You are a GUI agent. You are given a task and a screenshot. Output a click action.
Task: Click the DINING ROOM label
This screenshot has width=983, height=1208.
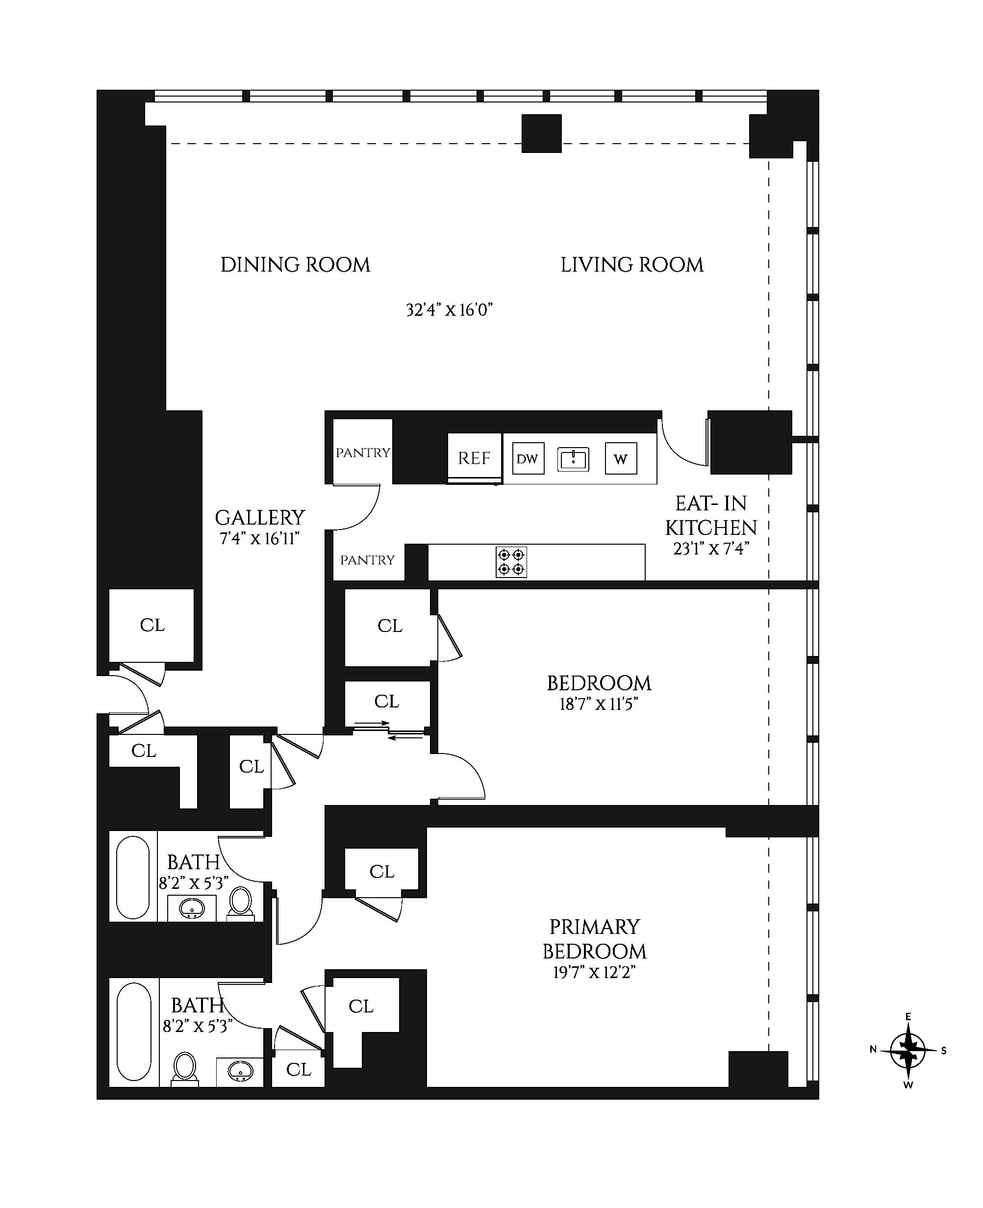click(295, 265)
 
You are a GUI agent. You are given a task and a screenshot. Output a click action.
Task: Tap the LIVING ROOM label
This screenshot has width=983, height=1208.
click(632, 265)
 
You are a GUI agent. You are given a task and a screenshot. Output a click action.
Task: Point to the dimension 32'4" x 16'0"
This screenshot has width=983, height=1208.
click(449, 310)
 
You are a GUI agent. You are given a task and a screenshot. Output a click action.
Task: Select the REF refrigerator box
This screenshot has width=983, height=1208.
click(475, 458)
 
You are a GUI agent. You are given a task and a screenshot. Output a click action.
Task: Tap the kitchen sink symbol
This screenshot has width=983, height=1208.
click(573, 459)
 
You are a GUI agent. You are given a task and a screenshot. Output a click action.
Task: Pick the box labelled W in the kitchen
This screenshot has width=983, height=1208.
click(621, 458)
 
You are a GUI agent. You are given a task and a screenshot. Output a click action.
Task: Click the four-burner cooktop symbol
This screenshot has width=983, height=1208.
click(511, 562)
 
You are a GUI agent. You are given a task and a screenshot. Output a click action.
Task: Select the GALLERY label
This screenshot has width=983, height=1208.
click(260, 518)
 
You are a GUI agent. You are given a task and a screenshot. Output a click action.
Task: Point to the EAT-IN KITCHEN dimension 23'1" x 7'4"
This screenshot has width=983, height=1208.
click(711, 549)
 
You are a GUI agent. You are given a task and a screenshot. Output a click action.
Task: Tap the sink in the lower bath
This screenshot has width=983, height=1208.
click(240, 1071)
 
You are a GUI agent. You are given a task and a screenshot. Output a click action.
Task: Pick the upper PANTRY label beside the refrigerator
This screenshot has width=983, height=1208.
click(363, 453)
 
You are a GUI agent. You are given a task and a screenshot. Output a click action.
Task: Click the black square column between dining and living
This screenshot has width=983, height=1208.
click(542, 133)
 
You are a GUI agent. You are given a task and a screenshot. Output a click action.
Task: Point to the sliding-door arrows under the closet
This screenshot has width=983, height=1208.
click(389, 730)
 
